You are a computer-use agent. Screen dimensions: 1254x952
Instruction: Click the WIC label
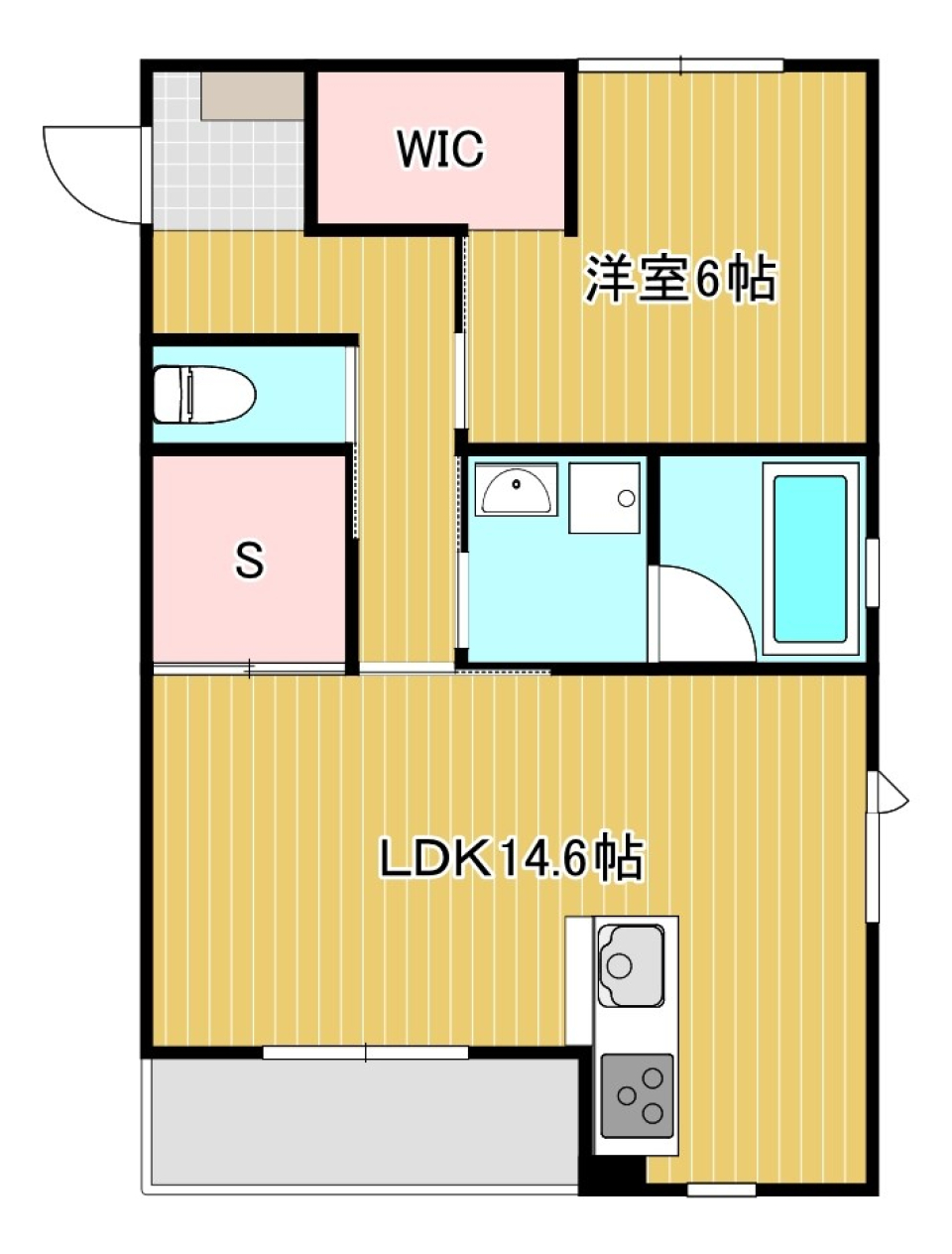[440, 149]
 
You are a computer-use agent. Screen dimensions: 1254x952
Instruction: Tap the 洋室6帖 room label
[680, 279]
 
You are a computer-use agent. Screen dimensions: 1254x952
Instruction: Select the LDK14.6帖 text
[512, 858]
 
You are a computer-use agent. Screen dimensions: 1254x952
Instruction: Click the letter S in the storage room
[249, 562]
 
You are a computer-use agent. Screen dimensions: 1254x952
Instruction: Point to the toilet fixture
[203, 394]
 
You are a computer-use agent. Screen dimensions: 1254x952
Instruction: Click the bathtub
[809, 559]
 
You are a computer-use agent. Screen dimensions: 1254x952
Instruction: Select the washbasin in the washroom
[516, 489]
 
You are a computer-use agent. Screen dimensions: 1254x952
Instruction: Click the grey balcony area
[362, 1121]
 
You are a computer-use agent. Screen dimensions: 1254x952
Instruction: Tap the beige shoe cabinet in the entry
[253, 96]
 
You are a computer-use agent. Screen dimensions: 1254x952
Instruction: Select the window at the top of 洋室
[680, 65]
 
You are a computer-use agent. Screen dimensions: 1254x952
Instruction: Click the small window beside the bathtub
[872, 570]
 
